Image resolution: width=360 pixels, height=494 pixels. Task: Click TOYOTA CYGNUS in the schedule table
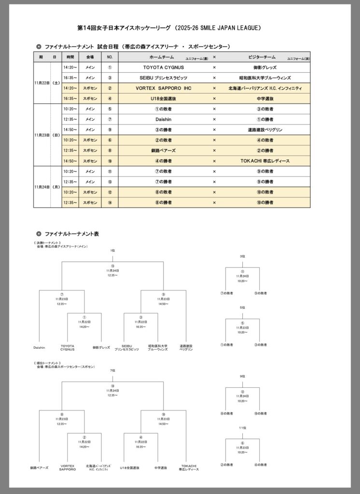[x=164, y=68]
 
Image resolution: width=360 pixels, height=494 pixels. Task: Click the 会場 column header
[x=90, y=57]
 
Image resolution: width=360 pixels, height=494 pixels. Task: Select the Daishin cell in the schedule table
[x=164, y=119]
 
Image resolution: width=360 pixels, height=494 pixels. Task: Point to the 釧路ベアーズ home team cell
[x=164, y=151]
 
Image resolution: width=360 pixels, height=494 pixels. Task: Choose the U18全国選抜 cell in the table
[x=164, y=98]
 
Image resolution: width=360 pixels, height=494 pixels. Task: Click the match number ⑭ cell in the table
[x=110, y=203]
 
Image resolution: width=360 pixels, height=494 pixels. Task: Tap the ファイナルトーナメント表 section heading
[x=71, y=233]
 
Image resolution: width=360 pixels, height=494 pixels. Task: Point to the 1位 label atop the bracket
[x=112, y=251]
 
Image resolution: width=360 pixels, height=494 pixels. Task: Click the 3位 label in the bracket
[x=242, y=256]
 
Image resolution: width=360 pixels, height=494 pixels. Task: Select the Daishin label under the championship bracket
[x=40, y=346]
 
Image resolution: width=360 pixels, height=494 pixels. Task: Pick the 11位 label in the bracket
[x=242, y=428]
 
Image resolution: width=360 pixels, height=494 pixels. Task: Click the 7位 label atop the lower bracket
[x=112, y=370]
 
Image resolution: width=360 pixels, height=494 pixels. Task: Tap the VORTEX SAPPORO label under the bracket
[x=67, y=468]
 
